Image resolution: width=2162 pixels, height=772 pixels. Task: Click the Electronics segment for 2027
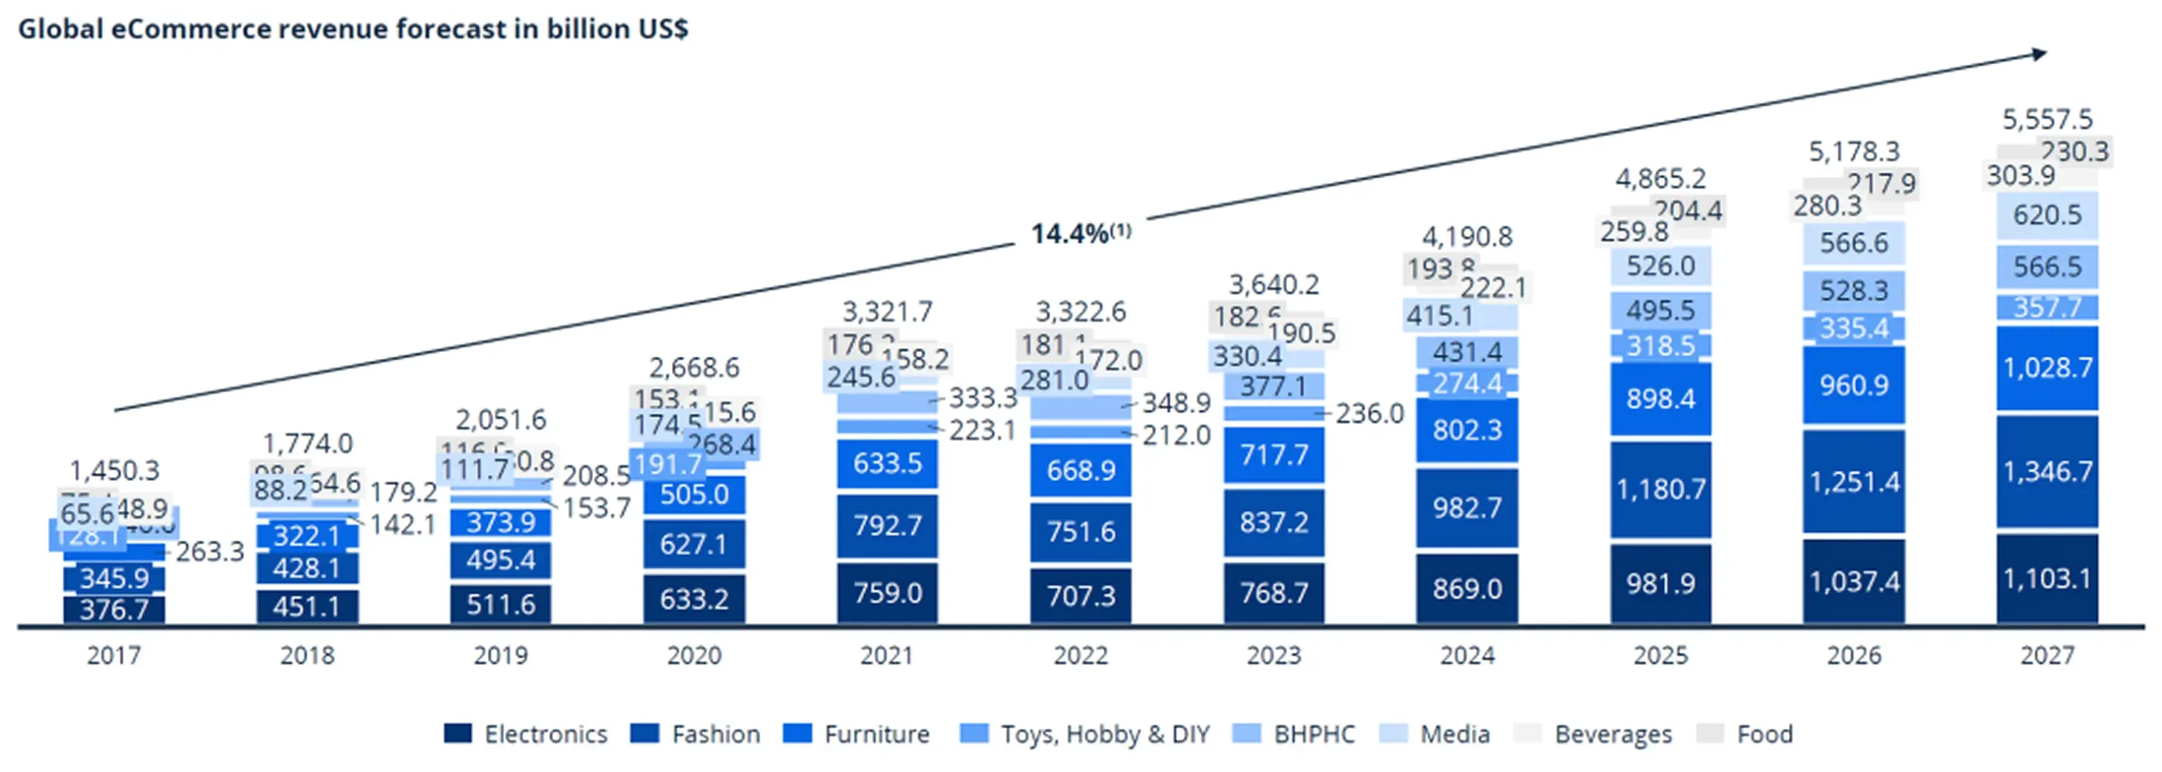[2047, 579]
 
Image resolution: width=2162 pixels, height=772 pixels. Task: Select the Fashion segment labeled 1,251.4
[1854, 482]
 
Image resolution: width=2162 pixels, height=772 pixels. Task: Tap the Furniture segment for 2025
[1660, 398]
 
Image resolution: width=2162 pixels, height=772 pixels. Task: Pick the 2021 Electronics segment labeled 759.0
[887, 592]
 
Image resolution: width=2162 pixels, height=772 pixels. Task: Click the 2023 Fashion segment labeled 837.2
[1274, 523]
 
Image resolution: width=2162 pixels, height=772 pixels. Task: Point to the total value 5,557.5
[2047, 119]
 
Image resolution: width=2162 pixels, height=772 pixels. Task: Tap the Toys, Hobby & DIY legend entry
[1085, 734]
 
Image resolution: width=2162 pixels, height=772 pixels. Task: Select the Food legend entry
[1745, 734]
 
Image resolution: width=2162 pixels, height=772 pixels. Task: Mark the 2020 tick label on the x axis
[694, 655]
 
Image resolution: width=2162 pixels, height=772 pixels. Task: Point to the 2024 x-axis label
[1467, 655]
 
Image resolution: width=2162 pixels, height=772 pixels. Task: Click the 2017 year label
[114, 655]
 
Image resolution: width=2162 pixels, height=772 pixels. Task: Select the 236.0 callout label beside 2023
[1369, 414]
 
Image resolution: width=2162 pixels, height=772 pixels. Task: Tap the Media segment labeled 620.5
[2047, 215]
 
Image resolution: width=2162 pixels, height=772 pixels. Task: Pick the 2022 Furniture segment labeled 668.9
[1080, 470]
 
